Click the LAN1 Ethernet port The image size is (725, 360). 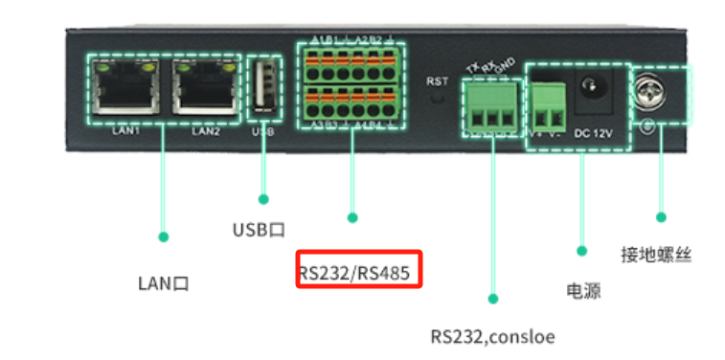pyautogui.click(x=125, y=90)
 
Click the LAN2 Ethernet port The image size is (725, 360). pyautogui.click(x=204, y=90)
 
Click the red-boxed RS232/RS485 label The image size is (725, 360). pyautogui.click(x=354, y=274)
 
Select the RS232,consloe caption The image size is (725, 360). pyautogui.click(x=492, y=337)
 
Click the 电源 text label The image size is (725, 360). pyautogui.click(x=581, y=290)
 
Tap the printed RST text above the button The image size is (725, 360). pyautogui.click(x=438, y=80)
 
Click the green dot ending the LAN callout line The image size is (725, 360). pyautogui.click(x=163, y=236)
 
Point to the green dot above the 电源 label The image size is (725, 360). pyautogui.click(x=581, y=251)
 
